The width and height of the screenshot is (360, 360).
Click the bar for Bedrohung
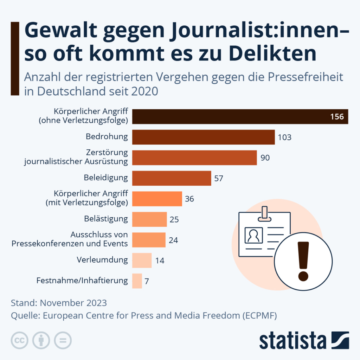pos(203,137)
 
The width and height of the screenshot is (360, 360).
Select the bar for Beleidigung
pos(172,178)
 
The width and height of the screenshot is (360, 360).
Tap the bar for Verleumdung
pos(142,261)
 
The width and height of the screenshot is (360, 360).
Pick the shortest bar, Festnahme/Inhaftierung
pos(137,281)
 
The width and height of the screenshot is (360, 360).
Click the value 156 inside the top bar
pos(337,117)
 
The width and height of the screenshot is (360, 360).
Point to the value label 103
pos(284,137)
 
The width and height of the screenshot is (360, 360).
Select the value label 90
pos(265,158)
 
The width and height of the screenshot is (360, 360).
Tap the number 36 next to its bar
pos(189,199)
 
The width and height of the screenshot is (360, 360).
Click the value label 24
pos(173,240)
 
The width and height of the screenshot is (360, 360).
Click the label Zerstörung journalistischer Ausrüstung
pos(76,157)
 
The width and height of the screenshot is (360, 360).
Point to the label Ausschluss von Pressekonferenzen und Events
pos(70,239)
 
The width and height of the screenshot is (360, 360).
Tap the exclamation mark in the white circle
pos(303,261)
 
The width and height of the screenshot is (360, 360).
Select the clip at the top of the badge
pos(264,214)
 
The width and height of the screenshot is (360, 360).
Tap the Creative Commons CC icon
pos(20,340)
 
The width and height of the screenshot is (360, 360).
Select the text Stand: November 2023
pos(59,303)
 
